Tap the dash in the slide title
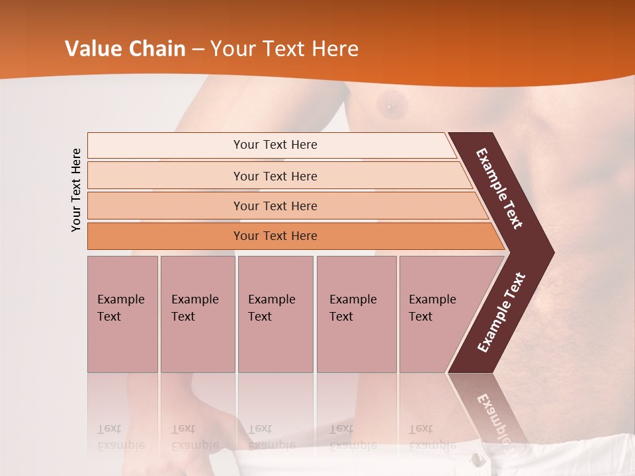tap(198, 50)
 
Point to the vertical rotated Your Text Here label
tap(76, 190)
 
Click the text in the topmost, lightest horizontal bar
tap(275, 145)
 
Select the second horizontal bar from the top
tap(275, 176)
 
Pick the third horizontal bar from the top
tap(275, 206)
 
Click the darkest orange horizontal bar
tap(275, 236)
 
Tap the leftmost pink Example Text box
tap(122, 314)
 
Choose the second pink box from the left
tap(197, 314)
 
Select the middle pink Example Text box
tap(275, 314)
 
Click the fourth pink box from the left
tap(357, 314)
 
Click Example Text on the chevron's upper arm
tap(499, 188)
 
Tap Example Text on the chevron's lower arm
tap(501, 313)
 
